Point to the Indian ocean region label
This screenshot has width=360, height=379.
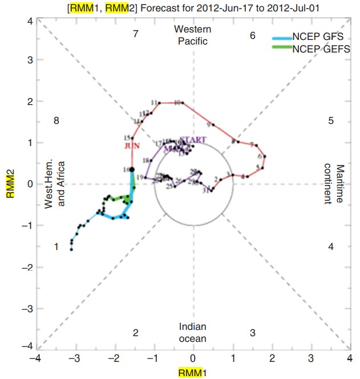[193, 332]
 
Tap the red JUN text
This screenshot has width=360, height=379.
[132, 146]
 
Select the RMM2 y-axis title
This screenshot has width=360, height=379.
[11, 184]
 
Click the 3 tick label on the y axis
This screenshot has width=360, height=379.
[31, 59]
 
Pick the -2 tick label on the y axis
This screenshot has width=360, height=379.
[29, 267]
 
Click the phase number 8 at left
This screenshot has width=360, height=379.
[56, 120]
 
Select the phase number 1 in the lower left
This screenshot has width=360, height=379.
[56, 247]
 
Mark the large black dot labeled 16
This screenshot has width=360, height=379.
[132, 170]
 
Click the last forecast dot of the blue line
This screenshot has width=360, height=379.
[71, 249]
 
